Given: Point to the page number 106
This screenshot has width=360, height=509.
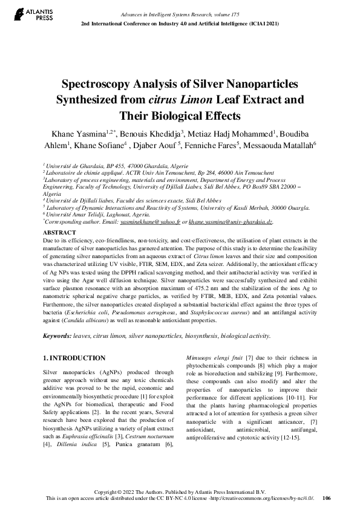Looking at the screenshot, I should pos(327,499).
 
